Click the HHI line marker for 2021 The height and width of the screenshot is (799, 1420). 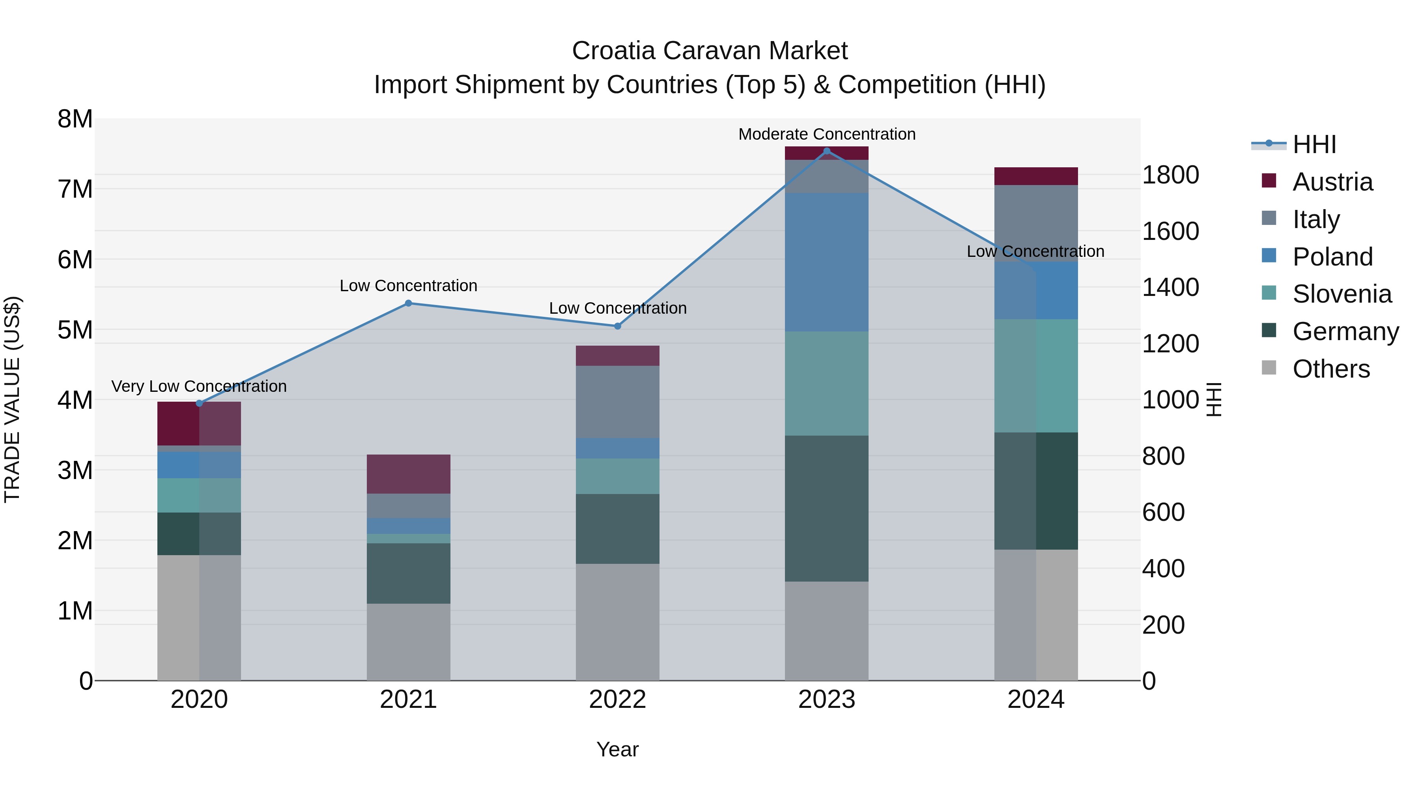(409, 303)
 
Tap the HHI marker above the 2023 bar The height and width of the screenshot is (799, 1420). (826, 151)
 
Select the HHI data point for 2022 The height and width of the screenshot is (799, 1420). (617, 326)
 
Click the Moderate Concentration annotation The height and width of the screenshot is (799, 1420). (826, 135)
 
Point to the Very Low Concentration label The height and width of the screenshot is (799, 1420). (199, 387)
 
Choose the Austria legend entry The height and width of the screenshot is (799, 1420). (1332, 182)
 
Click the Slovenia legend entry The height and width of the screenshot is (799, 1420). (1341, 294)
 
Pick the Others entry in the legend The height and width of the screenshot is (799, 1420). (1331, 369)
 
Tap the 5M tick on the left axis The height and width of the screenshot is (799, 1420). (75, 330)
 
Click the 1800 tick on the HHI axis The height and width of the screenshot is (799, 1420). (1170, 175)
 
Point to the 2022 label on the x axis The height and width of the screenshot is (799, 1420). (617, 700)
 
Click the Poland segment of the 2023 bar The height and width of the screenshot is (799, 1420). (826, 262)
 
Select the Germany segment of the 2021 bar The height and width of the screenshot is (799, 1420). (409, 573)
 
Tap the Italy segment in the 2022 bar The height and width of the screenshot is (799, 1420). (617, 402)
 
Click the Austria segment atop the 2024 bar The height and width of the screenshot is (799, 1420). (1036, 176)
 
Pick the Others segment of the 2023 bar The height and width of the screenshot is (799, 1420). (826, 631)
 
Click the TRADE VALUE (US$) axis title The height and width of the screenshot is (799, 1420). (13, 399)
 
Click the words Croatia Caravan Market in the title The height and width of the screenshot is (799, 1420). (710, 51)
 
